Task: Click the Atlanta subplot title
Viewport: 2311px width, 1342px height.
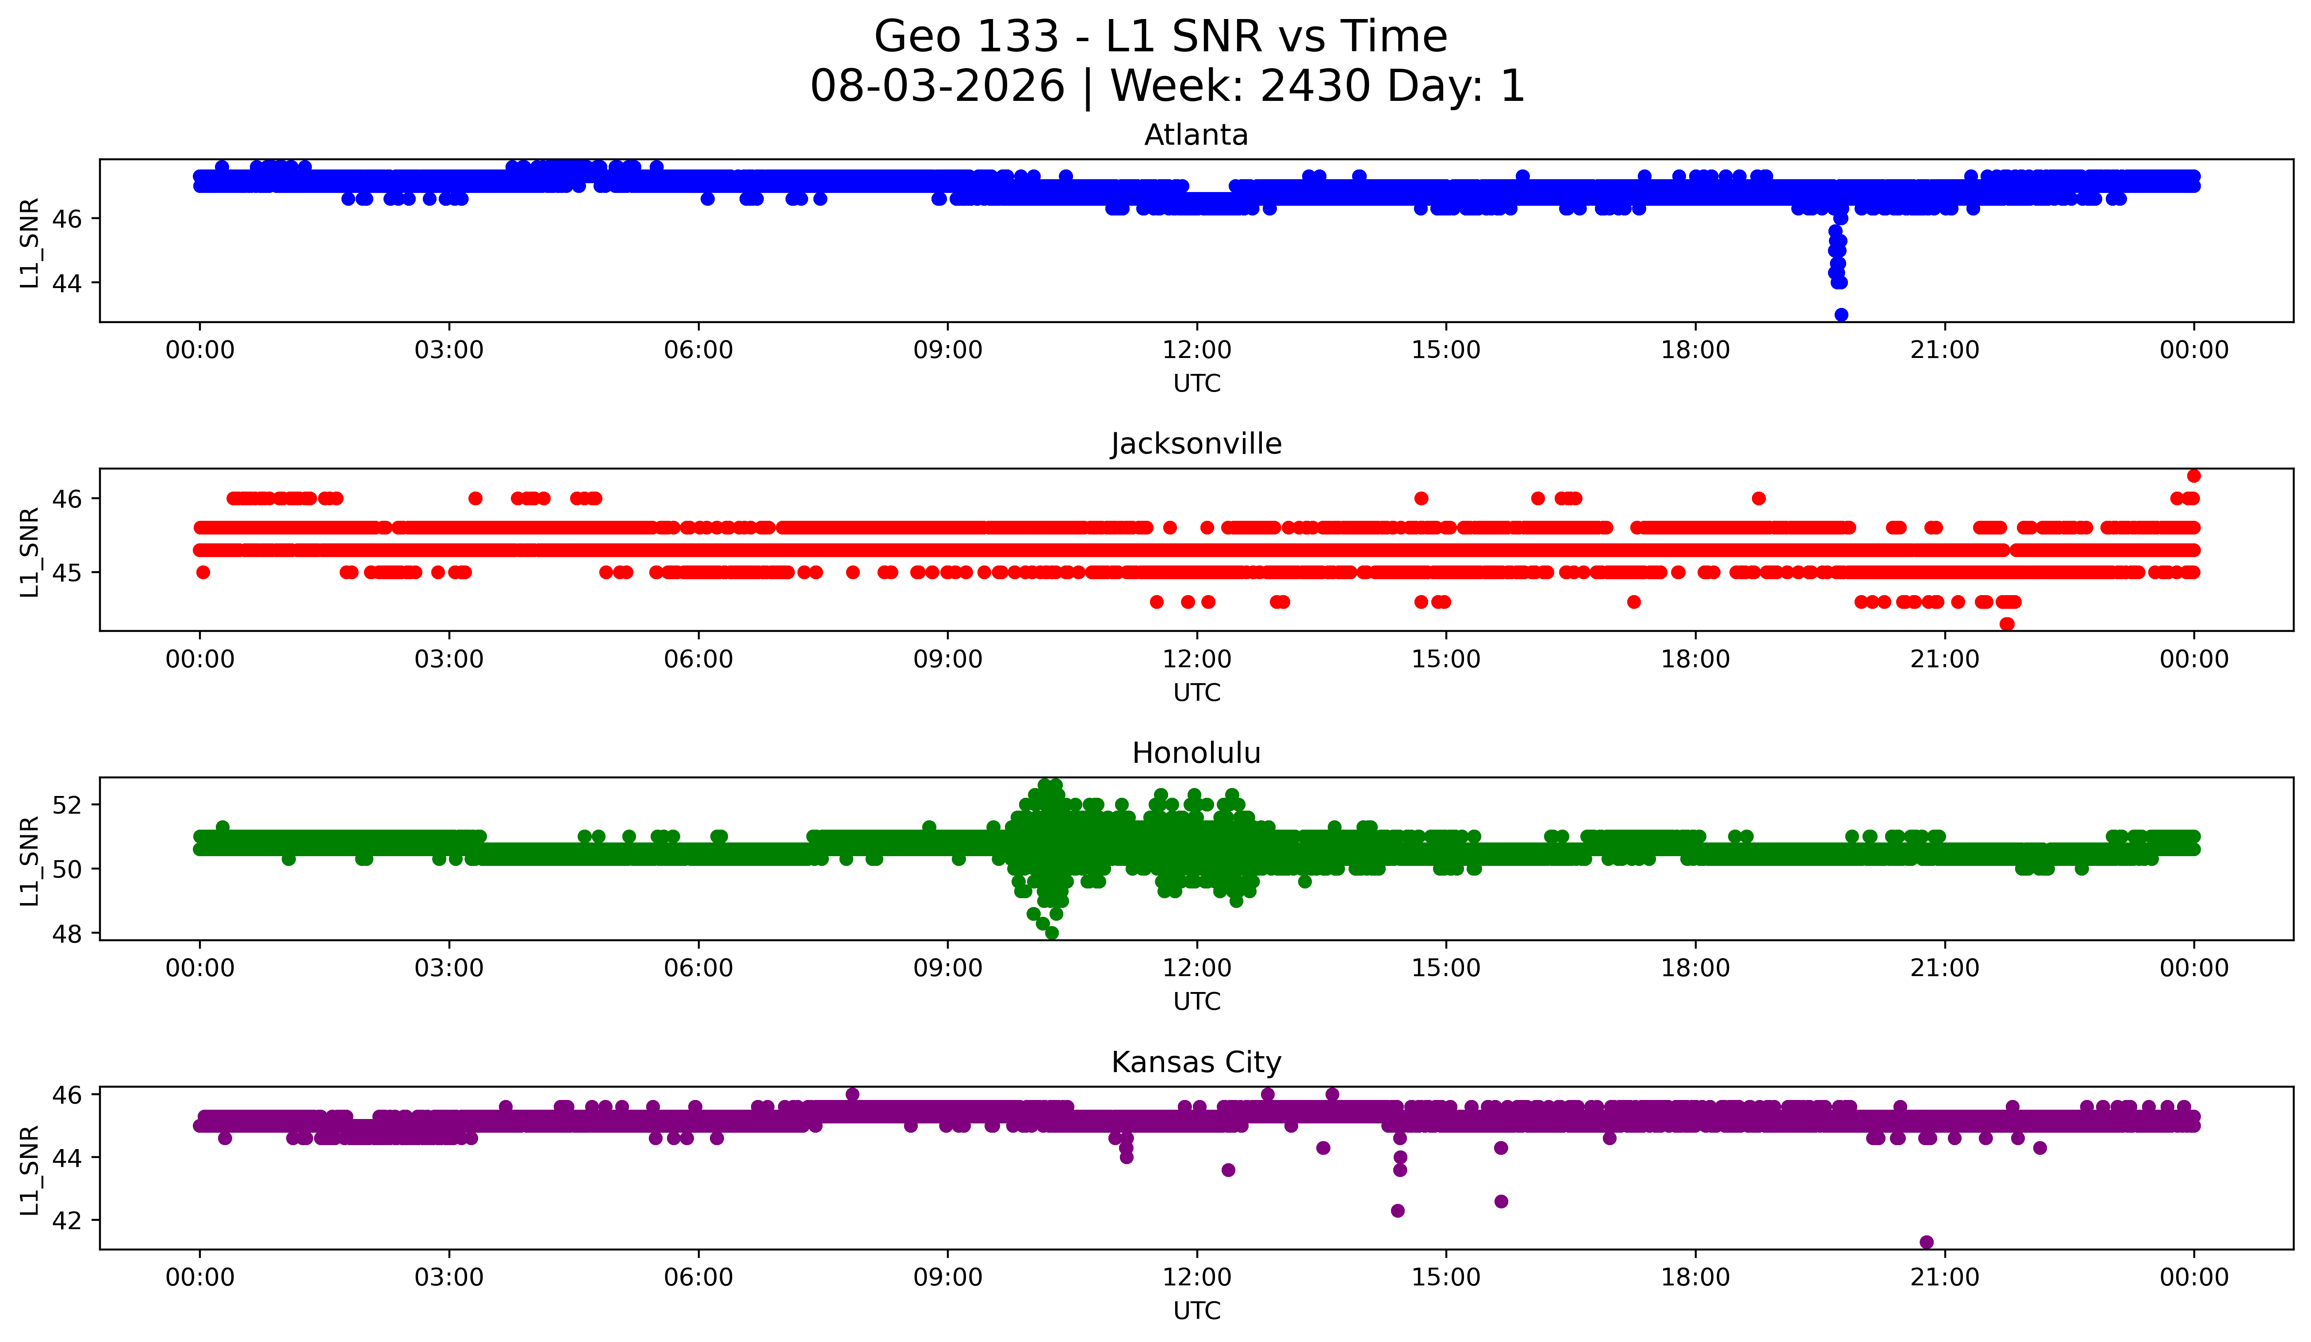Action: [x=1196, y=135]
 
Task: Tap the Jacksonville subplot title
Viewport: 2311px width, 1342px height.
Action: [x=1196, y=444]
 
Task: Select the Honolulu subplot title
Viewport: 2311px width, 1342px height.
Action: [x=1196, y=753]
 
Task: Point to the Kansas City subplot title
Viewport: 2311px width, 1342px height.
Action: [x=1196, y=1062]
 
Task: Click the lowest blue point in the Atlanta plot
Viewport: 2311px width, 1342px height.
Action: [x=1840, y=315]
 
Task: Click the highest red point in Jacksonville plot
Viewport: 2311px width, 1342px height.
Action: [x=2194, y=475]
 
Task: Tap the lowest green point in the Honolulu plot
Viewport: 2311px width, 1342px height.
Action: [x=1052, y=933]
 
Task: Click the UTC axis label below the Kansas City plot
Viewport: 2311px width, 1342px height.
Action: [x=1197, y=1311]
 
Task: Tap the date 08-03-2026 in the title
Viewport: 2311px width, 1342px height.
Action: [x=937, y=86]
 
